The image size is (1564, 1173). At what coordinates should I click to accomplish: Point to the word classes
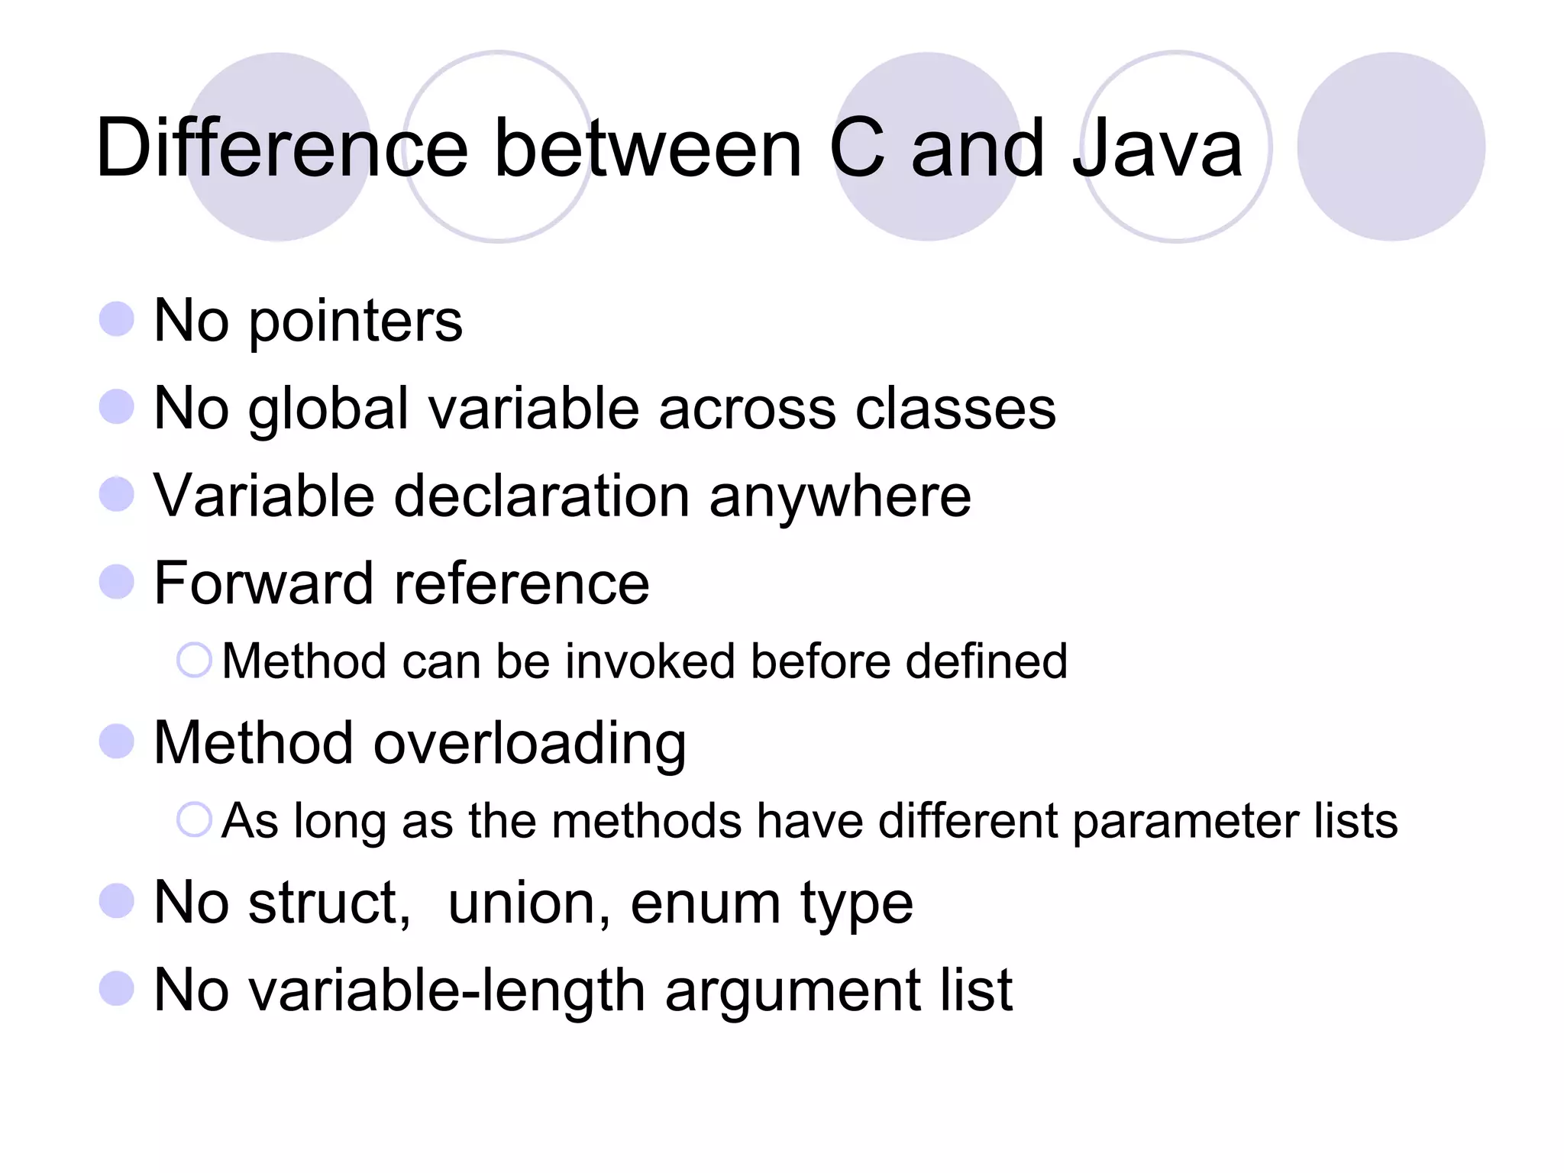(955, 409)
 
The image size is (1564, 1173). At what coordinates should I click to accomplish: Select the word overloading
(529, 744)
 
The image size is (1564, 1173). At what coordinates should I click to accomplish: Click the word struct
(329, 903)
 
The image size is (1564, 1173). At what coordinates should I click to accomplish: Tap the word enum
(705, 904)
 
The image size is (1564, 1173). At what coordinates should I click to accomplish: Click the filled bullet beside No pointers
(117, 319)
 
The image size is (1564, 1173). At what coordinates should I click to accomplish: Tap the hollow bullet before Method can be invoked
(194, 660)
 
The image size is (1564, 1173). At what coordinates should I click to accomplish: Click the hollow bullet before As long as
(194, 820)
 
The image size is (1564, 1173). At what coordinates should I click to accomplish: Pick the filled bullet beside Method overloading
(117, 742)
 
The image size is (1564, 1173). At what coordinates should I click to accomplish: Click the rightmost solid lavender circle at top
(1391, 147)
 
